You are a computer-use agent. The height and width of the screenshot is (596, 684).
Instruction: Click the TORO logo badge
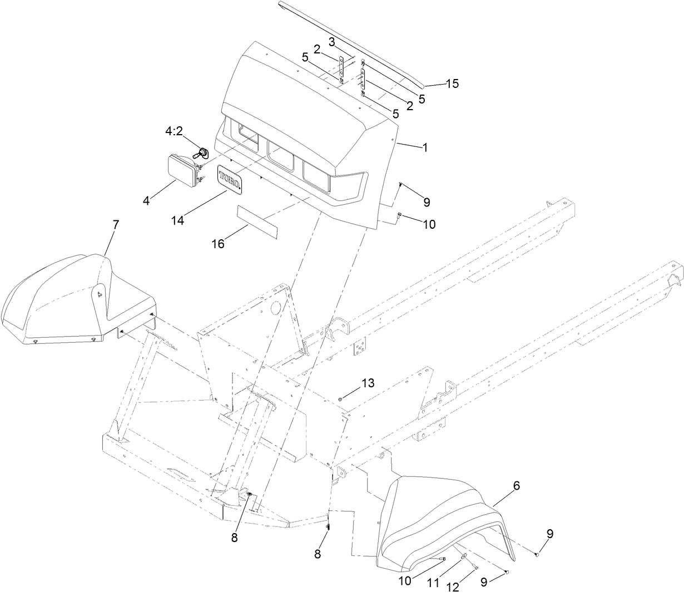pyautogui.click(x=230, y=179)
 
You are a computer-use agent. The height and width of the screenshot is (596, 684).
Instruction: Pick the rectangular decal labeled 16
pyautogui.click(x=257, y=221)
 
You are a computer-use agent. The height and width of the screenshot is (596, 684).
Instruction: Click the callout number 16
pyautogui.click(x=218, y=243)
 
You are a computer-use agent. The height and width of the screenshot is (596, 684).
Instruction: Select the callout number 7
pyautogui.click(x=115, y=225)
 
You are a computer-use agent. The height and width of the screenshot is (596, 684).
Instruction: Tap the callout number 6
pyautogui.click(x=516, y=485)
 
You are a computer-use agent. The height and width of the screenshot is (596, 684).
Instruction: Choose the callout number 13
pyautogui.click(x=368, y=382)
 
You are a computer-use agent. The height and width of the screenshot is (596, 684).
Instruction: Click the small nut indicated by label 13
pyautogui.click(x=340, y=398)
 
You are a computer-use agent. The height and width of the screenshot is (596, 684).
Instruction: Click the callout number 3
pyautogui.click(x=331, y=42)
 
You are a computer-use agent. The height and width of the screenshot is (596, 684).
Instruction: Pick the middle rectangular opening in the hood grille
pyautogui.click(x=281, y=155)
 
